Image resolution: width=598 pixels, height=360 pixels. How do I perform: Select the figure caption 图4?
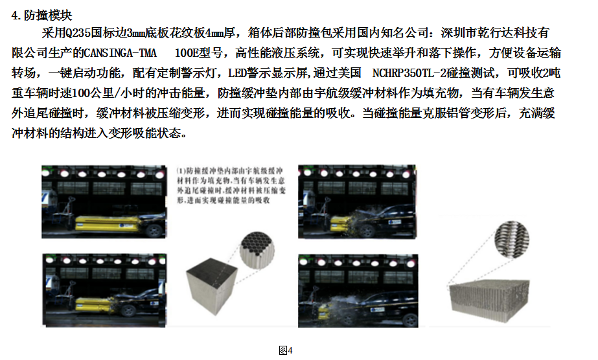[x=285, y=350]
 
